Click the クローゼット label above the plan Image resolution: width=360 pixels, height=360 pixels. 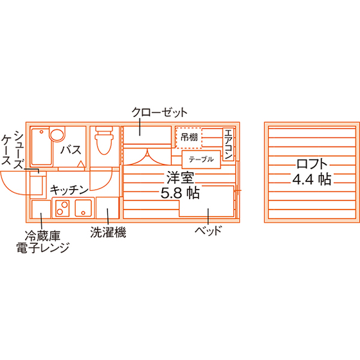pos(159,113)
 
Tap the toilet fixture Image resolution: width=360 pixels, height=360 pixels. pos(104,140)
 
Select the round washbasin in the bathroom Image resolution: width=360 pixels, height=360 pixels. pos(57,135)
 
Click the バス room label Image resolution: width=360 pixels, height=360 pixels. pos(71,150)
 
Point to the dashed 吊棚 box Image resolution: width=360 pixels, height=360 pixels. pos(189,138)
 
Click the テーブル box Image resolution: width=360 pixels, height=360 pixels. pos(201,159)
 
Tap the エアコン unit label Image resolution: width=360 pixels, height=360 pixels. pos(228,144)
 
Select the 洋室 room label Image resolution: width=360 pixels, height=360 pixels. pos(180,177)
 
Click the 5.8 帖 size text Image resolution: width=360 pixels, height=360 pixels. pos(180,193)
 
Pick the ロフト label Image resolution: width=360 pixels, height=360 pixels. pos(312,164)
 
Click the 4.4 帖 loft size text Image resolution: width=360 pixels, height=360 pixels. pos(312,179)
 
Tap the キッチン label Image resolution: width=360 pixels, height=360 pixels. pos(69,190)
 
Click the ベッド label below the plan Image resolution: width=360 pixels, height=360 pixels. pos(208,230)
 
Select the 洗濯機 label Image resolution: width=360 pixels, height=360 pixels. pos(108,232)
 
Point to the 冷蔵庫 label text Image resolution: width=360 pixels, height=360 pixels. pos(42,236)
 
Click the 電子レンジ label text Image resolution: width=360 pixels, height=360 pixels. pos(42,248)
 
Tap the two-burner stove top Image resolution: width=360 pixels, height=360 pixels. pos(62,208)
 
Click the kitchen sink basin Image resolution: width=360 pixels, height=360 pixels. pos(84,208)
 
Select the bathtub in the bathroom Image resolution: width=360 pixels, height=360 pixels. pos(41,147)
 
